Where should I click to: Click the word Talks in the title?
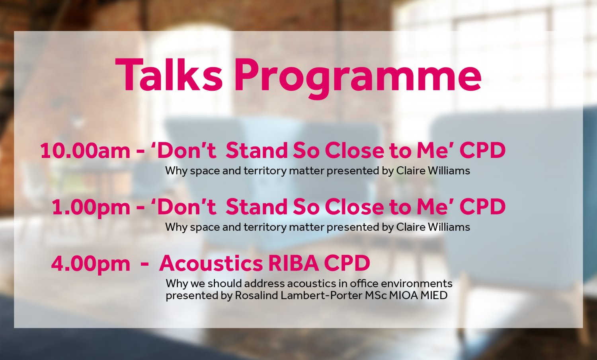(x=169, y=75)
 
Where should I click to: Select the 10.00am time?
(x=85, y=150)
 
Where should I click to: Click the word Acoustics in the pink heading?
(x=211, y=264)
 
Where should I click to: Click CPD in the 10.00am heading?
(x=482, y=150)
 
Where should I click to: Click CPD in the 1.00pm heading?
(x=482, y=207)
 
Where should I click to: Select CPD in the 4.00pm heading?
(x=347, y=264)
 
